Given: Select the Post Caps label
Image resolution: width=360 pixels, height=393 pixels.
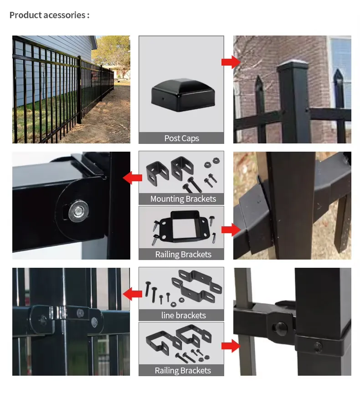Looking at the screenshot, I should tap(181, 138).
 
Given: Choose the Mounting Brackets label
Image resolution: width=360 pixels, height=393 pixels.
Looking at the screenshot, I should tap(183, 199).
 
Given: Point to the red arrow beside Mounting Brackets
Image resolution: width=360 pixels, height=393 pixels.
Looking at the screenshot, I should tap(133, 178).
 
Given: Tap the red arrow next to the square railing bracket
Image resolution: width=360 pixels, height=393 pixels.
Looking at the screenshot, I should tap(231, 230).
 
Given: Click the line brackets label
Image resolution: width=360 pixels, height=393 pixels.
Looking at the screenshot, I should tap(183, 315).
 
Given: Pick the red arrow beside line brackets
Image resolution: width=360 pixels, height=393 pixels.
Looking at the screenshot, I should tap(133, 294).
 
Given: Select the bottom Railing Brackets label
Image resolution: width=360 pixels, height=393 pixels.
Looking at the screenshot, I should tap(183, 371).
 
